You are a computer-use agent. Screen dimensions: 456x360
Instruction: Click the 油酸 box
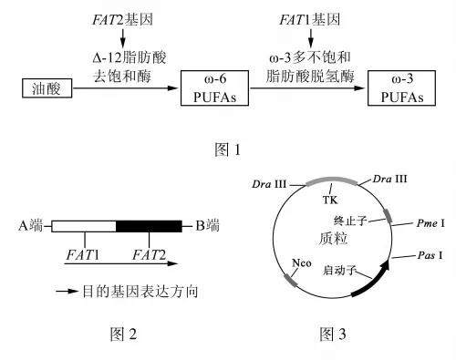(x=47, y=88)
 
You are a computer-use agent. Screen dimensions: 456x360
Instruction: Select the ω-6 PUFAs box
(x=214, y=88)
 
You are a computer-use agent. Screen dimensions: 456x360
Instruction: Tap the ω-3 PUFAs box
(x=401, y=88)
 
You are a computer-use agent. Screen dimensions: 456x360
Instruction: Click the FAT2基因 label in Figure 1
(x=122, y=20)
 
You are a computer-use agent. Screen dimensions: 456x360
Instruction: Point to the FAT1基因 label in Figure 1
(x=309, y=20)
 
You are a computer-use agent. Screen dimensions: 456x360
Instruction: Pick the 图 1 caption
(x=227, y=149)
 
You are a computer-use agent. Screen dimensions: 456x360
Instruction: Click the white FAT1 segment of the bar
(x=84, y=226)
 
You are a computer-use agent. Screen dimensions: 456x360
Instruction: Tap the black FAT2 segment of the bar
(x=149, y=226)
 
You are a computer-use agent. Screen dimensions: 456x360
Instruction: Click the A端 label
(x=30, y=226)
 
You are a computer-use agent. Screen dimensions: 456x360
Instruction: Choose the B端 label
(x=207, y=226)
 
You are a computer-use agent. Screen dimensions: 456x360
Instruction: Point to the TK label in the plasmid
(x=330, y=200)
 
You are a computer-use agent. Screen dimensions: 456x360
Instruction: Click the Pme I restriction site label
(x=430, y=223)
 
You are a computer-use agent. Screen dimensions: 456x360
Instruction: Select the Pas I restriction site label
(x=430, y=255)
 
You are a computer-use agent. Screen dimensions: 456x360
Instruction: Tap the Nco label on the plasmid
(x=302, y=262)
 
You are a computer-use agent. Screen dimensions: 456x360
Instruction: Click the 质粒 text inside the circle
(x=333, y=239)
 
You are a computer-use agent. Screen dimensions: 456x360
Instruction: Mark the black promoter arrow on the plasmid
(x=375, y=281)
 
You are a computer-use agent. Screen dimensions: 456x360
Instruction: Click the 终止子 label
(x=350, y=221)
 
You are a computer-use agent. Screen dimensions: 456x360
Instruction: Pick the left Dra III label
(x=269, y=184)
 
